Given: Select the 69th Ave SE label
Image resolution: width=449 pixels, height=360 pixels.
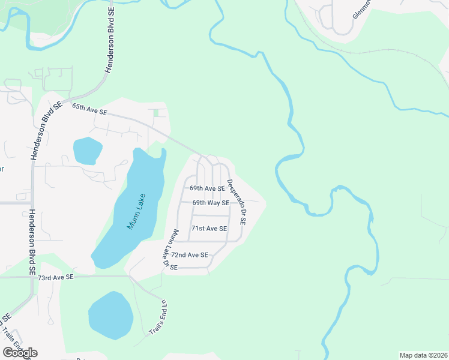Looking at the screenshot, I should (207, 188).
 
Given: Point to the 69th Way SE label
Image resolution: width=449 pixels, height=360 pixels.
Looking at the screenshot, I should (211, 203).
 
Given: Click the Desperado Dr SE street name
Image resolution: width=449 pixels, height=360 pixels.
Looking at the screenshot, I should (237, 202).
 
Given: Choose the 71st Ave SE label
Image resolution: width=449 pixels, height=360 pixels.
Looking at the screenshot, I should (209, 229).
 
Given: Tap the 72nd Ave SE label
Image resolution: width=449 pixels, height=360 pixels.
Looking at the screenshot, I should (190, 255).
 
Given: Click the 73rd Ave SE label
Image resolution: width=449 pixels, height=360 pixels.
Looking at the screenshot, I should (55, 277).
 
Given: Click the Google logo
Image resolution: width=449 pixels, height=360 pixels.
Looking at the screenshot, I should (20, 353).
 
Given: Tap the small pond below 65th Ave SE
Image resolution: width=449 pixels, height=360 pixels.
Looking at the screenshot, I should (88, 151).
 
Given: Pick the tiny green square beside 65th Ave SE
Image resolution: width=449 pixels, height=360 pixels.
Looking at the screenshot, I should (157, 113).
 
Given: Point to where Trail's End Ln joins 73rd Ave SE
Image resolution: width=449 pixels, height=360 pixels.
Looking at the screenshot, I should (130, 277).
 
